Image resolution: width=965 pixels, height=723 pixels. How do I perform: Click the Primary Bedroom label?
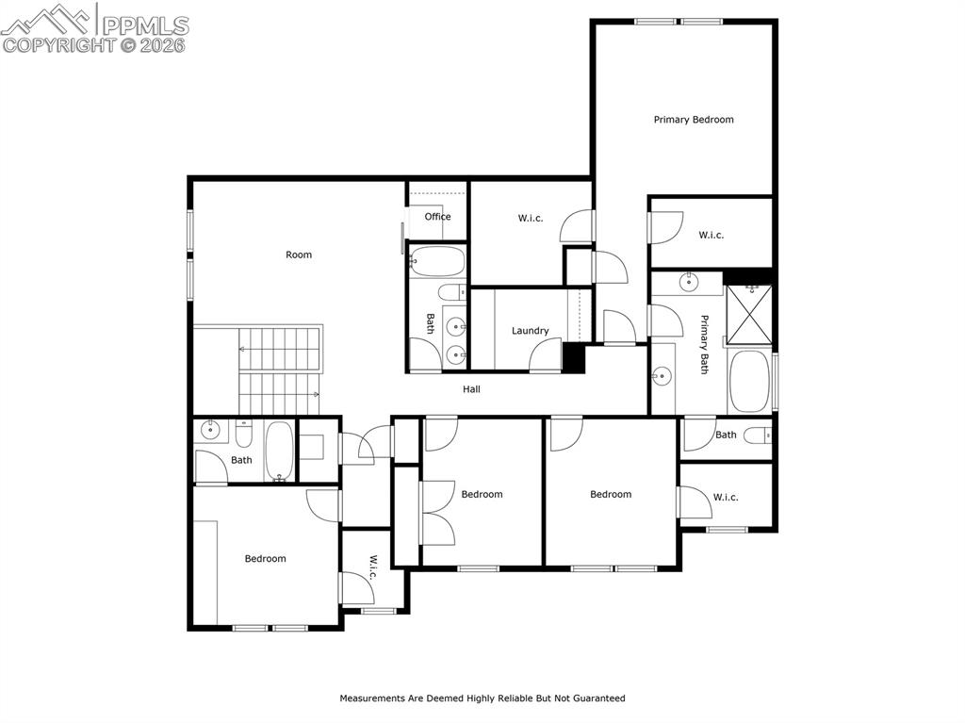694,120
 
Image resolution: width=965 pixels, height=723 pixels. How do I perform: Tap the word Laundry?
530,331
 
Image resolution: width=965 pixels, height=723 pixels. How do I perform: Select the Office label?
437,217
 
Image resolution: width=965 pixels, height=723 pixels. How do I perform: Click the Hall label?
471,389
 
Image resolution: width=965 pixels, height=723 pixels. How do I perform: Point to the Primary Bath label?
704,345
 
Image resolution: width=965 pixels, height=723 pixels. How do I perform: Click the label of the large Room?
299,255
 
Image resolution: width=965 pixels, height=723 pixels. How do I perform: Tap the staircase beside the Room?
279,369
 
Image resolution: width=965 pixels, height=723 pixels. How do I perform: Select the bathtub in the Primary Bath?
749,382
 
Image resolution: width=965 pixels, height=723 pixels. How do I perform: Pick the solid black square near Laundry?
573,358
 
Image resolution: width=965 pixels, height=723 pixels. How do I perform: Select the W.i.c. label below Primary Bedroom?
711,236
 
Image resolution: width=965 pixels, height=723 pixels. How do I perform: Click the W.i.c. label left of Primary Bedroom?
531,219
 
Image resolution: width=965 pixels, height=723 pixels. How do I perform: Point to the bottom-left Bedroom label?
265,559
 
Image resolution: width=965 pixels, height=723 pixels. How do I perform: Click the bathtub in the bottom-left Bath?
279,451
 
